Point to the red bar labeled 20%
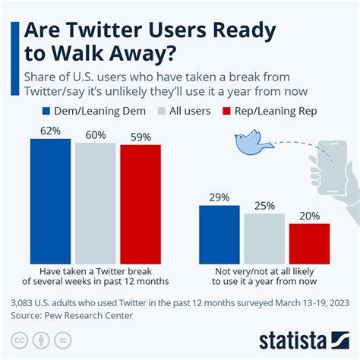tap(309, 242)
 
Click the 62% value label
tap(51, 131)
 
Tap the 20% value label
tap(309, 216)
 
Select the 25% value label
tap(264, 205)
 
